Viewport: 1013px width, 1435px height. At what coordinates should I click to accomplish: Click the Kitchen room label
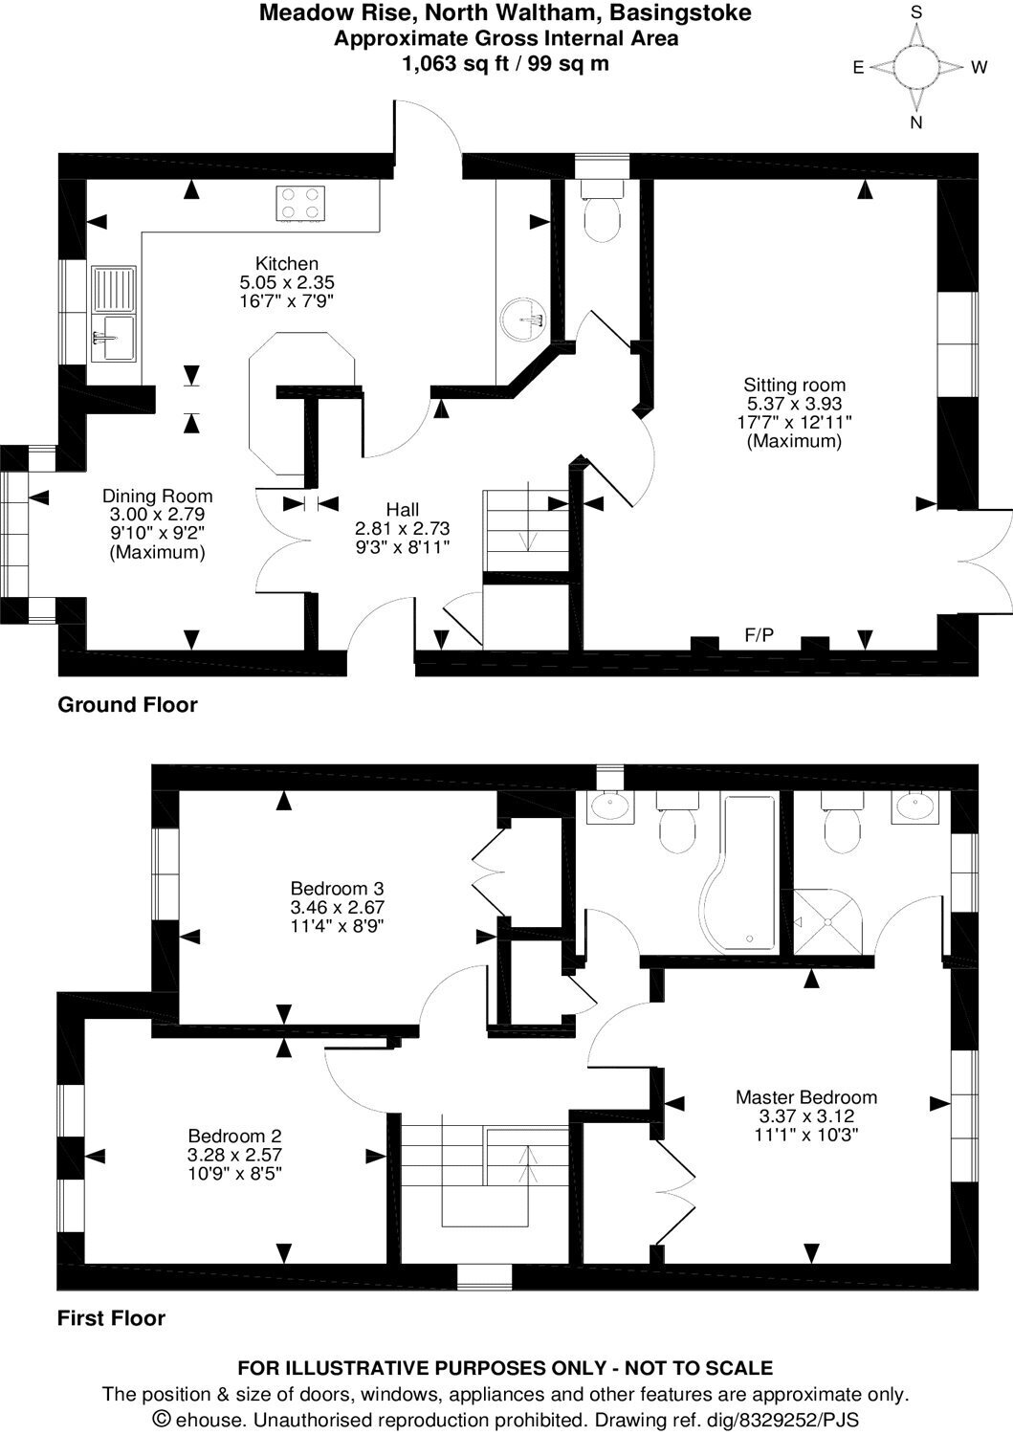286,263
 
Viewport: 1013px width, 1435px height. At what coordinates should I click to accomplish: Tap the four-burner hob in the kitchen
299,204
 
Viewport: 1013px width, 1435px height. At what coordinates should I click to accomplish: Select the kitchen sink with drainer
114,313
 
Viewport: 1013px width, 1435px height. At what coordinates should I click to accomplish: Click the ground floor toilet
602,210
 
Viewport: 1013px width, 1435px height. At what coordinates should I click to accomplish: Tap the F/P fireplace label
759,635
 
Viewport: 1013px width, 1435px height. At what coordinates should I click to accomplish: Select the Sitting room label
794,385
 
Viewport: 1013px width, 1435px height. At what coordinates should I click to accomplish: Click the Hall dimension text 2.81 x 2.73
403,528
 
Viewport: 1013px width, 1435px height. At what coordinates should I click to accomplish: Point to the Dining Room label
158,496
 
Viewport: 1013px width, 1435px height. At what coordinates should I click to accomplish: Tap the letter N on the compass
916,122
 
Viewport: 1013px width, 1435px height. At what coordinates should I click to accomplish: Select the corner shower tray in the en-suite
827,921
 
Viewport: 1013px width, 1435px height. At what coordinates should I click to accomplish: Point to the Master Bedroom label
806,1097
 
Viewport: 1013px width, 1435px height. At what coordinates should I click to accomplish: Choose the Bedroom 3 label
337,889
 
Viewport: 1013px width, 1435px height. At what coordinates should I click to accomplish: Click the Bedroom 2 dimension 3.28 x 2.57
234,1155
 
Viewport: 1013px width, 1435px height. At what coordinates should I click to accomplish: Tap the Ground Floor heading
127,705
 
